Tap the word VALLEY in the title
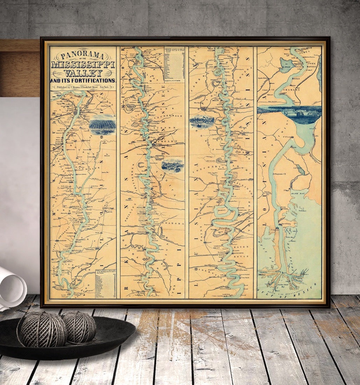[83, 73]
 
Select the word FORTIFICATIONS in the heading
[94, 80]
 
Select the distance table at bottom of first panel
[105, 283]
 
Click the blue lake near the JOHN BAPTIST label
[286, 65]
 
